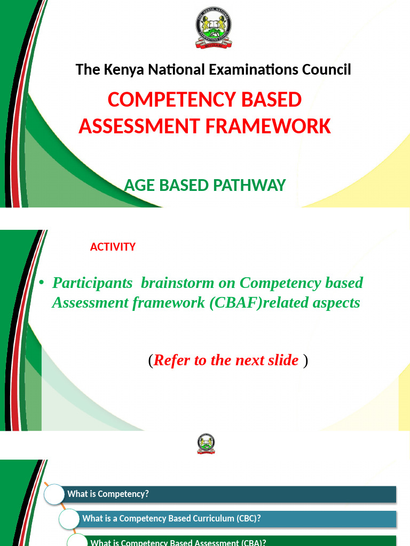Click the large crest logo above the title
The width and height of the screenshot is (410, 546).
pos(214,27)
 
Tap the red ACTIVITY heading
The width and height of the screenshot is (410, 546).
pos(113,247)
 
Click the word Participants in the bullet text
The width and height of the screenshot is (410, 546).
pos(92,283)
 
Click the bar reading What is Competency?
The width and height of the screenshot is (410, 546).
pos(230,494)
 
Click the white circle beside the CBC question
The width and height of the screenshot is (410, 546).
pos(69,519)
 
